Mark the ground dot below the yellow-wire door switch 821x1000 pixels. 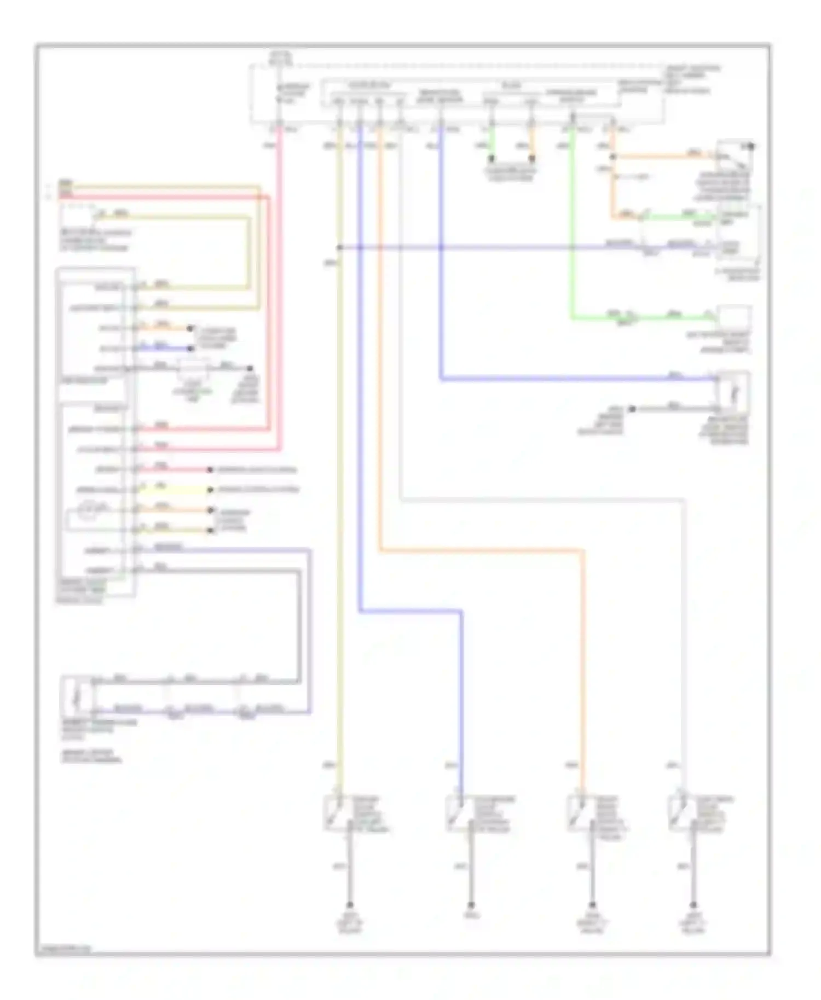pyautogui.click(x=350, y=905)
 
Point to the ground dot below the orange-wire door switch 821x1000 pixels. pyautogui.click(x=592, y=905)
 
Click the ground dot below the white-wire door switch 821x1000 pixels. pyautogui.click(x=693, y=905)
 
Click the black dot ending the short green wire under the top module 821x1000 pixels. pyautogui.click(x=492, y=159)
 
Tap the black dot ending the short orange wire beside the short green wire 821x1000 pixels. pyautogui.click(x=531, y=159)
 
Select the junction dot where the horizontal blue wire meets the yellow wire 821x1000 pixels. pyautogui.click(x=339, y=248)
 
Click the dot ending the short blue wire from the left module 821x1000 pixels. pyautogui.click(x=190, y=348)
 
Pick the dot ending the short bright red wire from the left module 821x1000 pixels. pyautogui.click(x=210, y=470)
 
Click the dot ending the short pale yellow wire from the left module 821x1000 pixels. pyautogui.click(x=210, y=490)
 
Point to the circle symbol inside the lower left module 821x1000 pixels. pyautogui.click(x=88, y=510)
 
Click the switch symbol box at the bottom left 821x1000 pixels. pyautogui.click(x=77, y=696)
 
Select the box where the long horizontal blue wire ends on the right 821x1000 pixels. pyautogui.click(x=732, y=389)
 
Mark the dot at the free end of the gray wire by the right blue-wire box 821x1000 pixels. pyautogui.click(x=632, y=409)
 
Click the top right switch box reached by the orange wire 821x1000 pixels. pyautogui.click(x=733, y=156)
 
